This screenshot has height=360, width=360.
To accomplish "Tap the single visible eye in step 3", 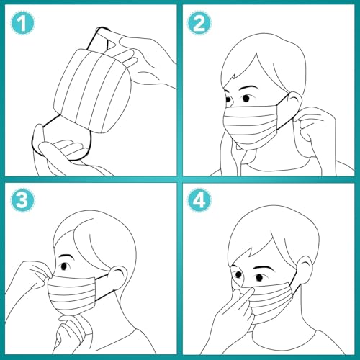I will [x=65, y=266].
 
